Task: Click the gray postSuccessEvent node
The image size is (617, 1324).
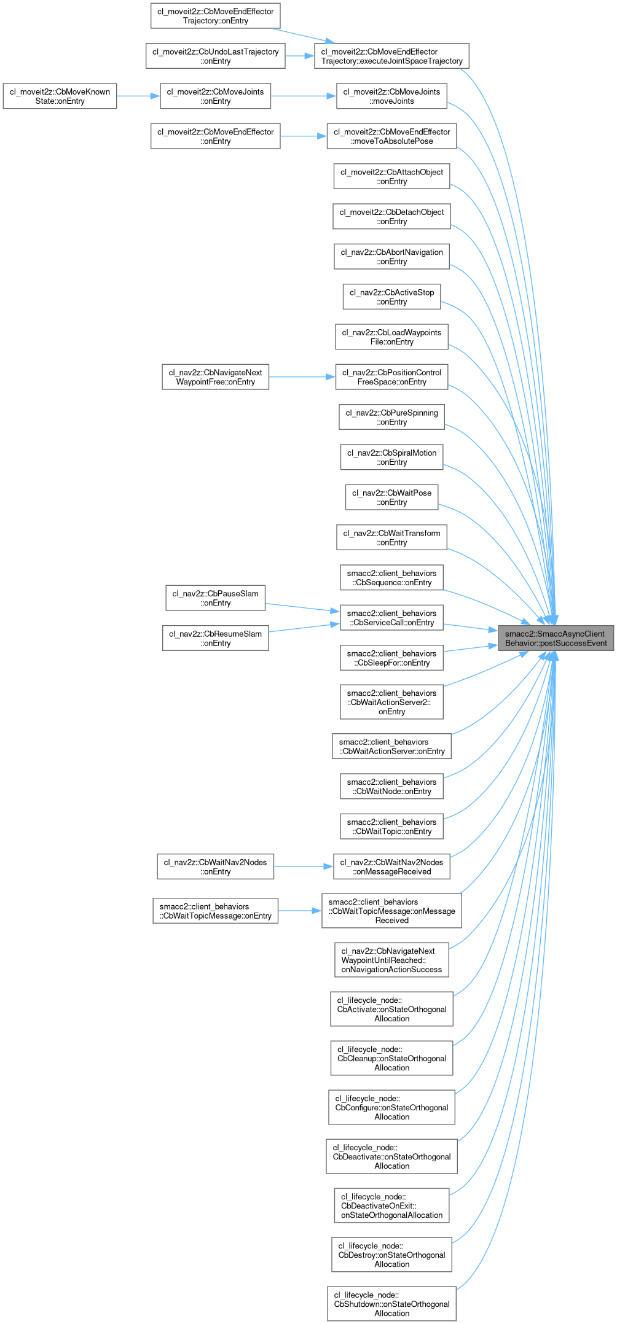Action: tap(556, 638)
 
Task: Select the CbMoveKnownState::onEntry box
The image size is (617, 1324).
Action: tap(60, 96)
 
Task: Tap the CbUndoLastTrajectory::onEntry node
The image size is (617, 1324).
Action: tap(215, 56)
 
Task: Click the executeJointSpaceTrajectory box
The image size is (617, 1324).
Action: tap(391, 56)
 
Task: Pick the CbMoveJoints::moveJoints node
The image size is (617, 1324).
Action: tap(391, 96)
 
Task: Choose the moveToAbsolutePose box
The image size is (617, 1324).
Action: tap(391, 136)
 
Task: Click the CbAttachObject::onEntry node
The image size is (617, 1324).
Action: tap(391, 176)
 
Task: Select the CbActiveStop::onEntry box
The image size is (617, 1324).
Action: tap(391, 297)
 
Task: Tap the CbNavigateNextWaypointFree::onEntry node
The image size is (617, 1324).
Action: tap(215, 377)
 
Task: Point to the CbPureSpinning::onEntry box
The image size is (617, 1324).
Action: tap(391, 417)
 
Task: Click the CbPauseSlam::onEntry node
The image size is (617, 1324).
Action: tap(215, 598)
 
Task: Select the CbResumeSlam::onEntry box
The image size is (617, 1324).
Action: tap(215, 638)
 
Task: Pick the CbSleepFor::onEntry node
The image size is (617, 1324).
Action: tap(391, 658)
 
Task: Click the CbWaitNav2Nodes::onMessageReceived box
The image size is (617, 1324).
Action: tap(391, 866)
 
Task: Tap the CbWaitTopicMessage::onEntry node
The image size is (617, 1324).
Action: tap(215, 911)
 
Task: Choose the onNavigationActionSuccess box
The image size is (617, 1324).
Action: tap(391, 960)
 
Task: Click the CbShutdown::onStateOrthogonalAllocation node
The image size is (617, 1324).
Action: tap(391, 1304)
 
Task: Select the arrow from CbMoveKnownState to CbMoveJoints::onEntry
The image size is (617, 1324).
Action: tap(138, 96)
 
